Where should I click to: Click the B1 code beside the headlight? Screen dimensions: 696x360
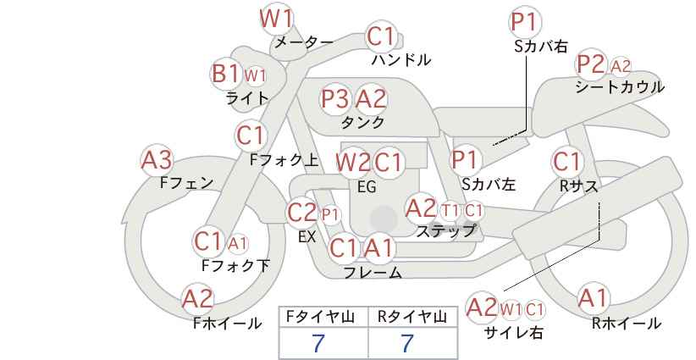click(x=225, y=73)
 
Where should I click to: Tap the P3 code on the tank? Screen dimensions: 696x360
click(x=334, y=98)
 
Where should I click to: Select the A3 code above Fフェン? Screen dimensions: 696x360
click(x=157, y=160)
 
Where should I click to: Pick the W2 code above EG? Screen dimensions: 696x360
click(x=353, y=163)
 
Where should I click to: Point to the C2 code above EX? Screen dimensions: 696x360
click(x=301, y=213)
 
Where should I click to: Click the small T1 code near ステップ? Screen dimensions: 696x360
click(x=450, y=211)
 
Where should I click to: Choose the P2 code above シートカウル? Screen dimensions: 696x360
click(x=590, y=65)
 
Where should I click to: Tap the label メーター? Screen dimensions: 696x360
click(x=304, y=42)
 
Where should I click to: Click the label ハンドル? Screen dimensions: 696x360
click(x=401, y=59)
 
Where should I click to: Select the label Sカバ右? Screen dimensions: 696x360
click(x=541, y=47)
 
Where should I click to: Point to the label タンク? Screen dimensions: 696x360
click(x=362, y=122)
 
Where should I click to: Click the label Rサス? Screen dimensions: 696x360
click(x=578, y=186)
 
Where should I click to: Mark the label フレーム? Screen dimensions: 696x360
click(x=373, y=272)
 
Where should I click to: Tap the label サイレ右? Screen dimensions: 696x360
click(x=514, y=332)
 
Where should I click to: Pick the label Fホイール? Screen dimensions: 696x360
click(x=227, y=324)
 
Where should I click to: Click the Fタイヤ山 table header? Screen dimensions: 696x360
click(x=320, y=317)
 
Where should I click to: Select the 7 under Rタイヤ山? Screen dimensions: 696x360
click(x=407, y=343)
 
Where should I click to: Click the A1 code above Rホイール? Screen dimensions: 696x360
click(x=592, y=298)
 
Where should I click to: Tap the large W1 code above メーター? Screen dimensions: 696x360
click(x=276, y=19)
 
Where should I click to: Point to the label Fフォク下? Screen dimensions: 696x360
click(x=235, y=265)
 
